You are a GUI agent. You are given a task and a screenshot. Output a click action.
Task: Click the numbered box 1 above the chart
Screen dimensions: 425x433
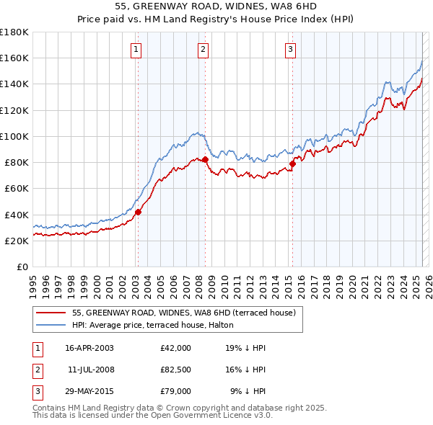pyautogui.click(x=136, y=50)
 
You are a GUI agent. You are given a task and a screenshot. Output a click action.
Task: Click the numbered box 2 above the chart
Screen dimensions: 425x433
pyautogui.click(x=204, y=50)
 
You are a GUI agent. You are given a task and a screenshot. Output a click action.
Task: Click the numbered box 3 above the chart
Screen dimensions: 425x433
pyautogui.click(x=290, y=50)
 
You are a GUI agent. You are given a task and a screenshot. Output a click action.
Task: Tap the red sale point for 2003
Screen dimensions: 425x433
pyautogui.click(x=138, y=211)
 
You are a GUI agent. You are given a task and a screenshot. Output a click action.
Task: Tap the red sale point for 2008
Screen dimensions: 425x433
pyautogui.click(x=205, y=158)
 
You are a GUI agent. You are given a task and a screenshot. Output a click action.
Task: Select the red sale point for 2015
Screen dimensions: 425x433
pyautogui.click(x=292, y=164)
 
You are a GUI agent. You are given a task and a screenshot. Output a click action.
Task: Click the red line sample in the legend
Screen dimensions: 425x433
pyautogui.click(x=50, y=313)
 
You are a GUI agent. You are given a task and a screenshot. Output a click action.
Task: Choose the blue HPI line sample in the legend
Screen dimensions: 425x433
pyautogui.click(x=50, y=325)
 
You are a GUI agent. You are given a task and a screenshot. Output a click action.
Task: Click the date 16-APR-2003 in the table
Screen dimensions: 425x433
pyautogui.click(x=89, y=348)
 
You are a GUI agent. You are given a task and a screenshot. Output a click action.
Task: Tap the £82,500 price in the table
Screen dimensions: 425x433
pyautogui.click(x=175, y=370)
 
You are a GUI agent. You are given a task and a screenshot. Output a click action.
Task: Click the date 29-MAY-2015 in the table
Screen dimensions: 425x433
pyautogui.click(x=89, y=391)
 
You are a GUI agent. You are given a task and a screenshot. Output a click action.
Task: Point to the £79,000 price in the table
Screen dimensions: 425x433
pyautogui.click(x=175, y=391)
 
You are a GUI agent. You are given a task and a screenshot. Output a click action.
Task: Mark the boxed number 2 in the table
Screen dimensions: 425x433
pyautogui.click(x=37, y=370)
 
